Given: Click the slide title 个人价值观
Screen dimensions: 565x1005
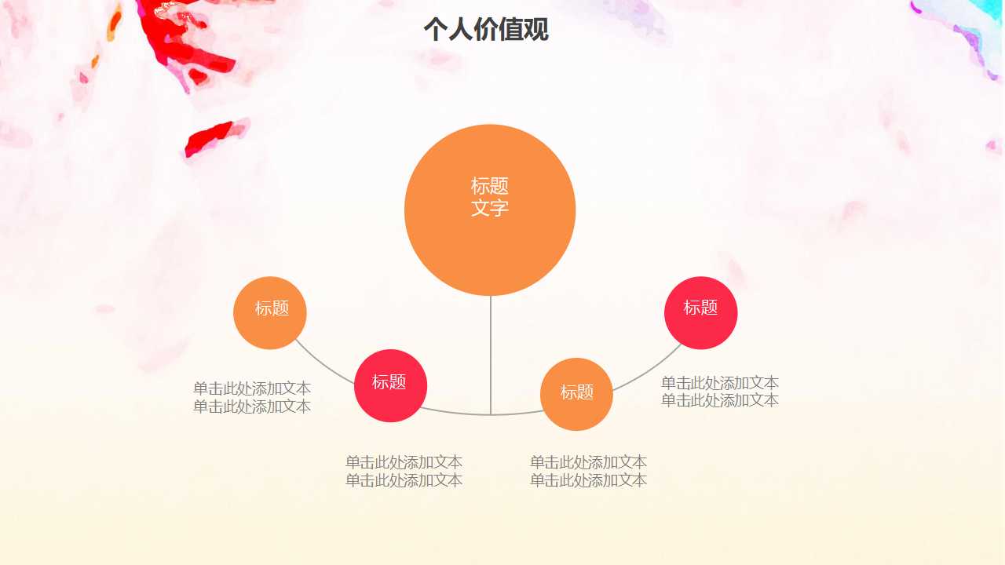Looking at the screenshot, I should (x=485, y=30).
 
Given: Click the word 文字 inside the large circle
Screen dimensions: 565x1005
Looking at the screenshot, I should (x=490, y=209).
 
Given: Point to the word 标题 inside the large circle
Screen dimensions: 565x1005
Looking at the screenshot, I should (x=490, y=186).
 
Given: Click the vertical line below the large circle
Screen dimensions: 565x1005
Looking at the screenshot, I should (x=491, y=353).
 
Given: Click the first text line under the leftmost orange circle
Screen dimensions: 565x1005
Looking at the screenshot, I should (x=252, y=388).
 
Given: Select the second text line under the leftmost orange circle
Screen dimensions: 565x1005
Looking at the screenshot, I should (x=252, y=406).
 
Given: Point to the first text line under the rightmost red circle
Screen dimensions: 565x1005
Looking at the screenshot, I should (x=720, y=383).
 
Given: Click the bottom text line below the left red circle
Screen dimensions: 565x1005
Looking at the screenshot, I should (x=404, y=480).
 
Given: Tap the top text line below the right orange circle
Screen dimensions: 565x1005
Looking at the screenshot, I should (x=588, y=462).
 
